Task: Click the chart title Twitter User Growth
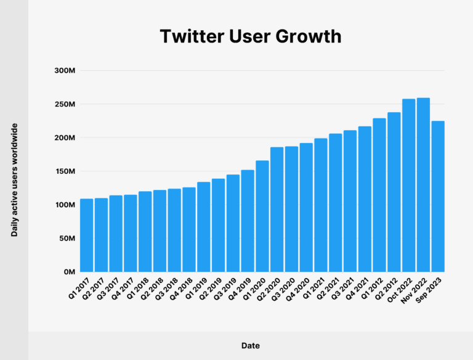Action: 250,36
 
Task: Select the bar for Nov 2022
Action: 423,185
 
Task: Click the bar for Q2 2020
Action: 277,210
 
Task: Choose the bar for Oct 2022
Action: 409,186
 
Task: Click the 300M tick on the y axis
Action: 65,70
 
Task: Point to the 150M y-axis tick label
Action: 65,171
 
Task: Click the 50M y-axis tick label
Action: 67,239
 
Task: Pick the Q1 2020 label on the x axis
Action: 257,290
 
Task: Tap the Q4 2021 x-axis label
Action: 360,290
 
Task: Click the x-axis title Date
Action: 250,346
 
